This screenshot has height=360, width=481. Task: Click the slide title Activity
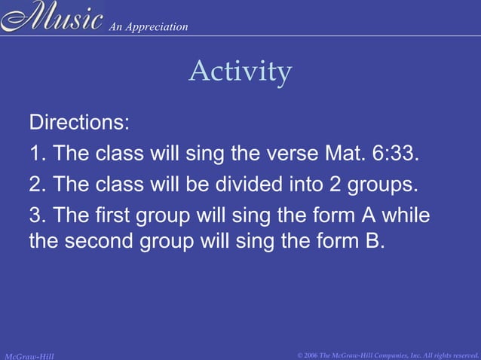[240, 72]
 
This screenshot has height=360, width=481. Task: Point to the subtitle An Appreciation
[148, 27]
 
